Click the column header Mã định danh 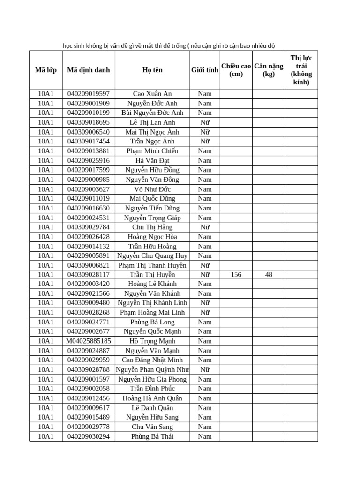[x=89, y=70]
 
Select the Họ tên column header [x=152, y=70]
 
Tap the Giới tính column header [x=204, y=70]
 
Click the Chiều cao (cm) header [x=236, y=70]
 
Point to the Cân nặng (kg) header [x=269, y=70]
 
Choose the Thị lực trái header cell [x=301, y=70]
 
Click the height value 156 [x=236, y=275]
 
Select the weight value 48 [x=269, y=275]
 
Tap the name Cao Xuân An [x=152, y=94]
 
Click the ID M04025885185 [x=89, y=341]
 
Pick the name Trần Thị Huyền [x=152, y=275]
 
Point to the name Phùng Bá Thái [x=152, y=436]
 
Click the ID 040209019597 [x=89, y=94]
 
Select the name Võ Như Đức [x=152, y=189]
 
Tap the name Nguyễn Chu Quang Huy [x=152, y=255]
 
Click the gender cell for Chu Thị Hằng [x=204, y=227]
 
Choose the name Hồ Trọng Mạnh [x=152, y=341]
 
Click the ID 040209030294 [x=89, y=436]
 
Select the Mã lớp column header [x=46, y=70]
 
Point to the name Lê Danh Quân [x=152, y=408]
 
